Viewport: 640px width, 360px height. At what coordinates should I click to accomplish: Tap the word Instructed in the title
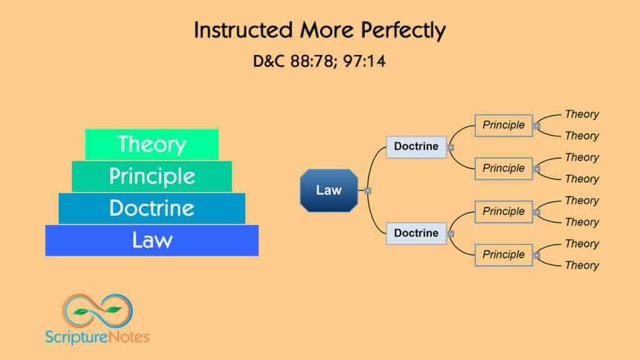pos(243,30)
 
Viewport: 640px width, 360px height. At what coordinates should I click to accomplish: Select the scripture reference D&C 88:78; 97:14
pos(319,62)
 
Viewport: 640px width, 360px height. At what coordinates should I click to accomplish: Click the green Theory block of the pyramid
pos(152,144)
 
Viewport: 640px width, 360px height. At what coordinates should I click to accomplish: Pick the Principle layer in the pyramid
pos(152,176)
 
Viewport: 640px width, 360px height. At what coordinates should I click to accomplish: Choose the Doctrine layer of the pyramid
pos(152,208)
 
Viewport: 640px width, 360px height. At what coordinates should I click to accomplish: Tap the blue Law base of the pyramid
pos(152,240)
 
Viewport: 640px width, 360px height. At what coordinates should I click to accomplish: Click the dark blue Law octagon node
pos(329,191)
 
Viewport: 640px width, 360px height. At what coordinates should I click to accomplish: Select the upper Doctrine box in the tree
pos(416,147)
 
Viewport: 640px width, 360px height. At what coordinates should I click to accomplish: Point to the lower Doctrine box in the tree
pos(416,234)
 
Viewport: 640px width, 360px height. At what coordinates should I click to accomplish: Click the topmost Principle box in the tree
pos(504,125)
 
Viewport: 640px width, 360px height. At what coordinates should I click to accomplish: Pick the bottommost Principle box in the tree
pos(504,255)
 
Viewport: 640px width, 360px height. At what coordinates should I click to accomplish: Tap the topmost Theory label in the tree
pos(582,114)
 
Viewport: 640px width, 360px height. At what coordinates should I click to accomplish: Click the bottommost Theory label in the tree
pos(582,265)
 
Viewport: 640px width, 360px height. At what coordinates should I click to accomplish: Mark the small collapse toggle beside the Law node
pos(367,191)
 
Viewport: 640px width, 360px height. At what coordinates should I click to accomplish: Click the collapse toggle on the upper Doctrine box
pos(451,147)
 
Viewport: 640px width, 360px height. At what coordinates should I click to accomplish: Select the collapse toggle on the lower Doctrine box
pos(451,234)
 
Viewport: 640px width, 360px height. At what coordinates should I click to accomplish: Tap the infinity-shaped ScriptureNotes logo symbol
pos(97,311)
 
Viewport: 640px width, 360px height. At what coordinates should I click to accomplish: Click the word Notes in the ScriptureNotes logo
pos(129,337)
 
